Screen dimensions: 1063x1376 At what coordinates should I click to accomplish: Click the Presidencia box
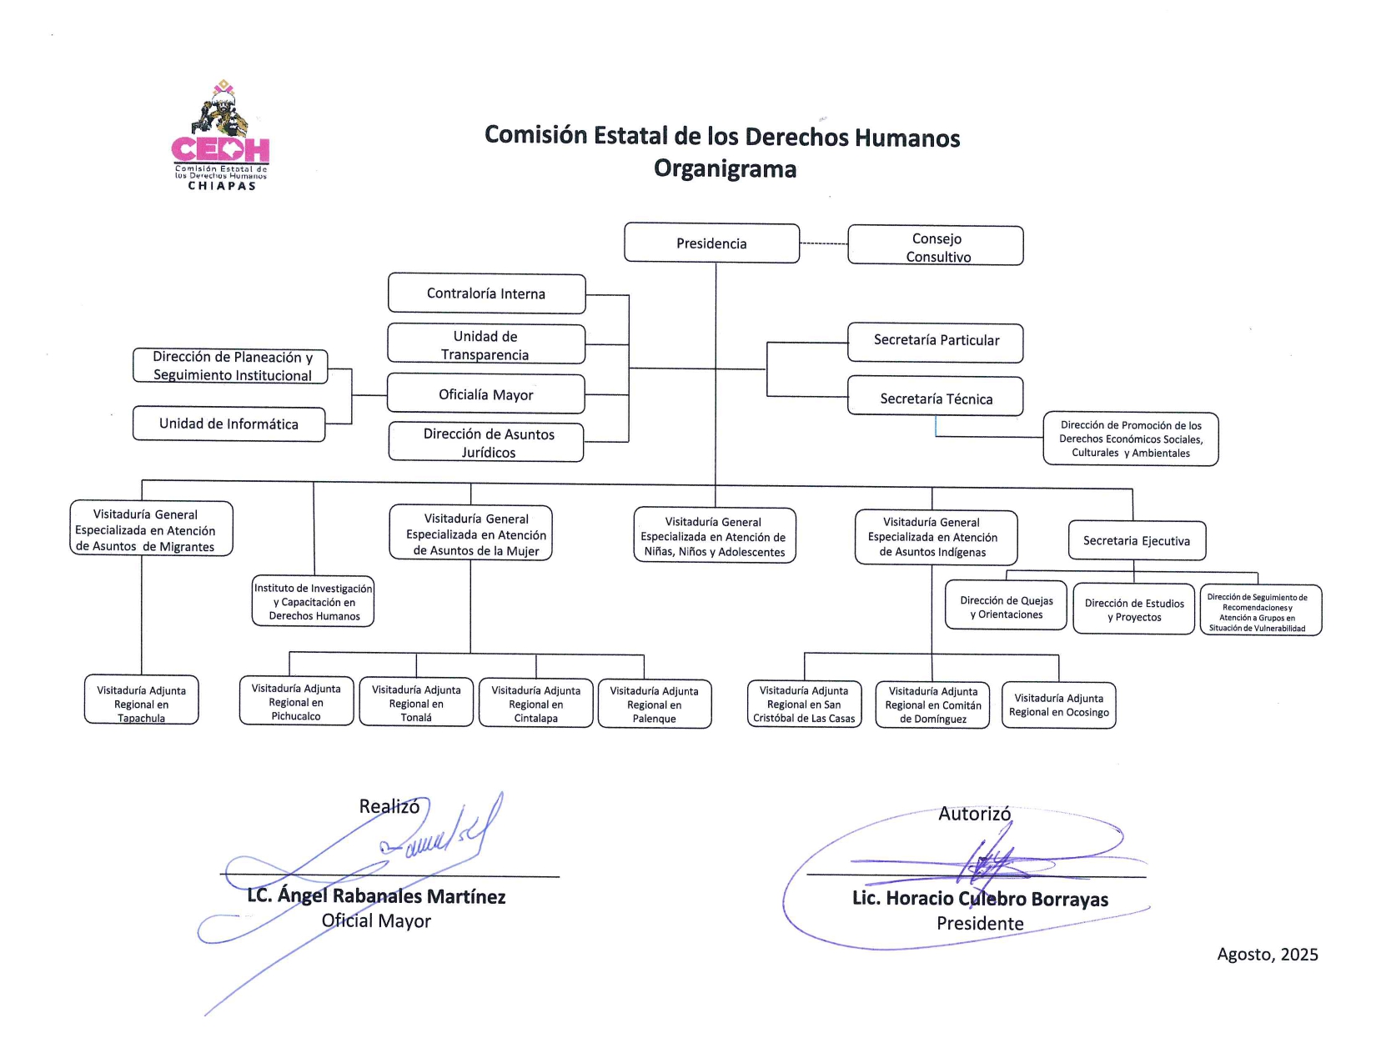tap(711, 243)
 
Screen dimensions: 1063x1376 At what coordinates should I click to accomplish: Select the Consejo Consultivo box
tap(936, 246)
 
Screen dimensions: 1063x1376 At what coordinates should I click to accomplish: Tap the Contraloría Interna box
tap(486, 293)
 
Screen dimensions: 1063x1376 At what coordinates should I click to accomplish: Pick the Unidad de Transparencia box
tap(485, 344)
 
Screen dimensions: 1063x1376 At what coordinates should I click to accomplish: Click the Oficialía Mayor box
tap(485, 394)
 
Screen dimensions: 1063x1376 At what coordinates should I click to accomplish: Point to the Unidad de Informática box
tap(228, 424)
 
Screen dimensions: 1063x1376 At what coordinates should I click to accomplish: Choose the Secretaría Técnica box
tap(936, 397)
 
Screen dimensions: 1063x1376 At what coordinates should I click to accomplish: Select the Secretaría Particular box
tap(936, 342)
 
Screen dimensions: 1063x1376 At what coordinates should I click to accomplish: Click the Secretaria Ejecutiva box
tap(1137, 541)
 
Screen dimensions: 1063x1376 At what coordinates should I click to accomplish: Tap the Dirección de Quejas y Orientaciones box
tap(1006, 606)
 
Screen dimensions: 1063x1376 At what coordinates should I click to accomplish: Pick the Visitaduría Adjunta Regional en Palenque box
tap(654, 704)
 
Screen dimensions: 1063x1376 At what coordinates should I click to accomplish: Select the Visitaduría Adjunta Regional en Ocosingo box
tap(1058, 705)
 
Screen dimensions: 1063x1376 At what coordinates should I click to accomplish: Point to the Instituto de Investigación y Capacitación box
tap(314, 601)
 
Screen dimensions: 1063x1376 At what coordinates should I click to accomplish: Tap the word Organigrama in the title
tap(725, 169)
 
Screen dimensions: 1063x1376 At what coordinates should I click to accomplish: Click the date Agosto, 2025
tap(1267, 955)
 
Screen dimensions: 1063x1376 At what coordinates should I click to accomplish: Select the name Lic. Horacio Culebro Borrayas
tap(980, 899)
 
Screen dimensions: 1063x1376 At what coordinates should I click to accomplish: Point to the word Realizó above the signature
tap(389, 806)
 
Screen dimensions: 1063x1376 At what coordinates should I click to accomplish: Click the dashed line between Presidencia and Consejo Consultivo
tap(823, 243)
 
